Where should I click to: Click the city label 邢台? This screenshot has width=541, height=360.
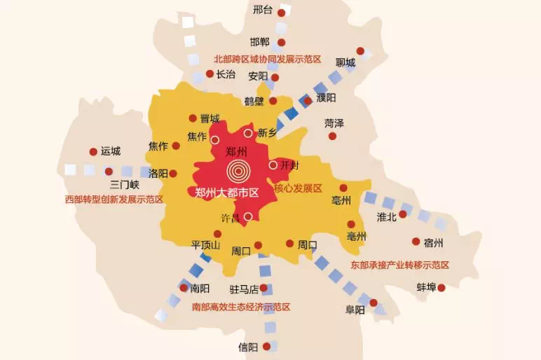tap(262, 10)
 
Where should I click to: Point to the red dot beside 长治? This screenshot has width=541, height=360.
tap(210, 74)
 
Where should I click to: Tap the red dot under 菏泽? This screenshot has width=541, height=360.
tap(333, 136)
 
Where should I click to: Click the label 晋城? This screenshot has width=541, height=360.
tap(210, 118)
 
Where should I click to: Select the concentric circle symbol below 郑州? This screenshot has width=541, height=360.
tap(238, 169)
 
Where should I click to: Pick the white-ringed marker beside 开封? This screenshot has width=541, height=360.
tap(273, 165)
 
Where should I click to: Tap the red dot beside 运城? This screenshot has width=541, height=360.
tap(93, 151)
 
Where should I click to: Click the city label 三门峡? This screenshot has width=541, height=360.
tap(125, 185)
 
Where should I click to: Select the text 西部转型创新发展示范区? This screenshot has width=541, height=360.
tap(114, 200)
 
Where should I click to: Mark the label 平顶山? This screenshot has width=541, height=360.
tap(206, 244)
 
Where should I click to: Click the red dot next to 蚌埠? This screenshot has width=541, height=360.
tap(441, 287)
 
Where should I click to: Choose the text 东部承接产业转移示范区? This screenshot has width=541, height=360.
tap(400, 265)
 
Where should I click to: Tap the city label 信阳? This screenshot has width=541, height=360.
tap(248, 347)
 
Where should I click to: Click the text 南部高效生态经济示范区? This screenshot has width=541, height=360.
tap(241, 307)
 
